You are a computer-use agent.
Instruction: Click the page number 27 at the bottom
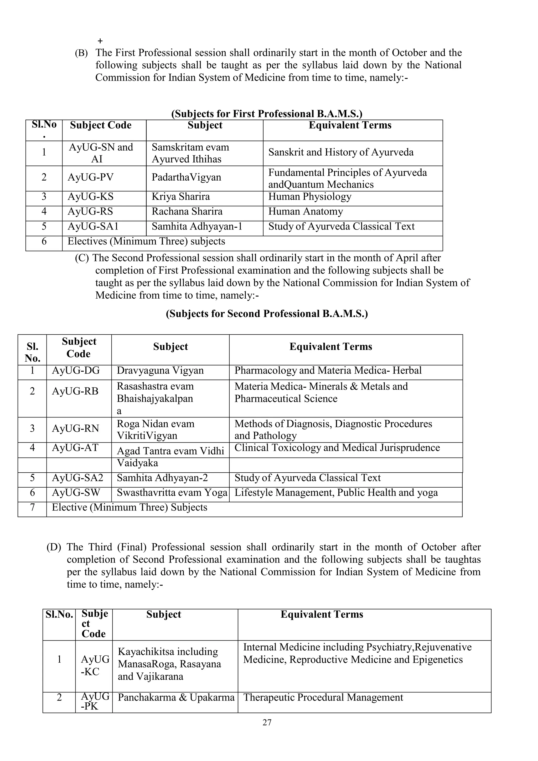point(267,723)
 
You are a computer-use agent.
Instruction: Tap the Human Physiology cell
point(309,197)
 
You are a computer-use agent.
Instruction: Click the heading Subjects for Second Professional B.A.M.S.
point(267,314)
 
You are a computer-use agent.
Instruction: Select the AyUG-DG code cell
point(76,371)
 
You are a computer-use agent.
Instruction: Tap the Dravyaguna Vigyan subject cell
point(160,371)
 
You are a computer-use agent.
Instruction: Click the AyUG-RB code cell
point(75,391)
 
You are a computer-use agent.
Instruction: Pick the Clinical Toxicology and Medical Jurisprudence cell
point(337,448)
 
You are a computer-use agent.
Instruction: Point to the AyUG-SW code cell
point(76,493)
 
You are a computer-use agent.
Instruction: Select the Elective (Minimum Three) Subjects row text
point(130,507)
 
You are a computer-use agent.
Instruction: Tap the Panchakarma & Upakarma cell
point(176,697)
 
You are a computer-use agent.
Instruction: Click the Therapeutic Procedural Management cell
point(323,697)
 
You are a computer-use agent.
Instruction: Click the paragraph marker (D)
point(54,547)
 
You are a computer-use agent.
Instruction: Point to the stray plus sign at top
point(100,41)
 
